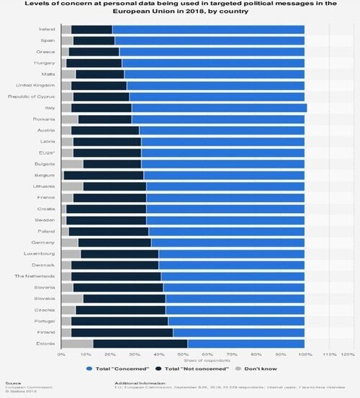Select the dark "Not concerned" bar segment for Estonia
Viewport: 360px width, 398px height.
point(140,343)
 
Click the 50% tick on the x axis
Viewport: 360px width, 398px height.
point(183,355)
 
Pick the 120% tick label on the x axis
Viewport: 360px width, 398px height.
point(348,355)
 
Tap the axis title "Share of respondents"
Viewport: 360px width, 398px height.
point(184,361)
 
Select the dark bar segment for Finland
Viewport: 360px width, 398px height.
point(122,332)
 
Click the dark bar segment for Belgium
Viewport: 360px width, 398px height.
point(104,175)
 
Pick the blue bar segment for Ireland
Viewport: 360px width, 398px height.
point(208,29)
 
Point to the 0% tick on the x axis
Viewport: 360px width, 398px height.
point(62,355)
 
